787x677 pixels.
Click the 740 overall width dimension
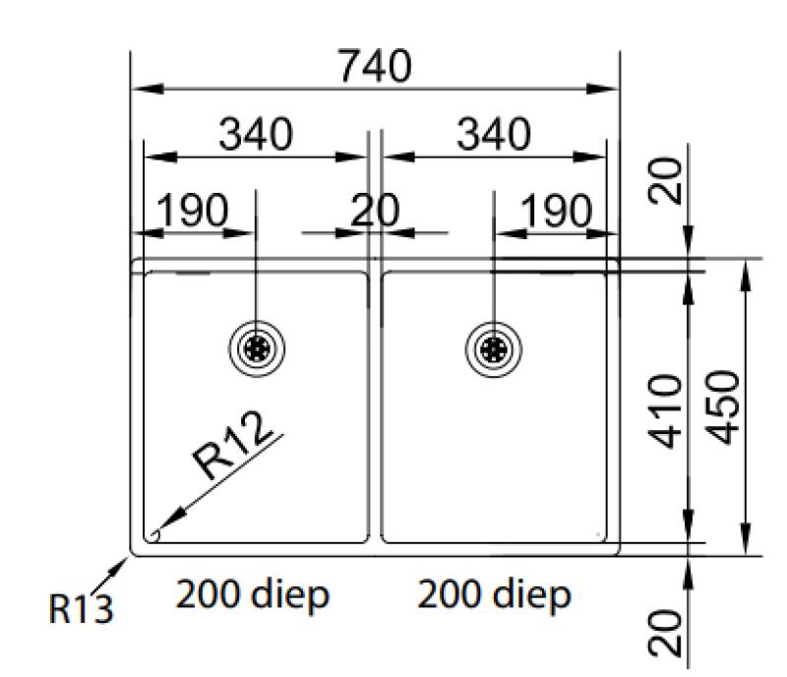tap(374, 67)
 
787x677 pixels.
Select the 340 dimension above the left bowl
tap(256, 135)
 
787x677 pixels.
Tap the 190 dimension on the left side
tap(193, 210)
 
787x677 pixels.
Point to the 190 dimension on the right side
tap(557, 210)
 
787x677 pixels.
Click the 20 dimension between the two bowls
tap(376, 210)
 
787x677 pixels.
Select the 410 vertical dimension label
tap(670, 410)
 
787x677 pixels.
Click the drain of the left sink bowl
tap(256, 347)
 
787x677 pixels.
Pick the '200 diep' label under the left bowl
tap(252, 595)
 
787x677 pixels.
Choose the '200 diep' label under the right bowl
tap(493, 595)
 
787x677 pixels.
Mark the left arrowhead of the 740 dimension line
tap(140, 90)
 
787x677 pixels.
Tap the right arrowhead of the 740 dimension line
tap(609, 90)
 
